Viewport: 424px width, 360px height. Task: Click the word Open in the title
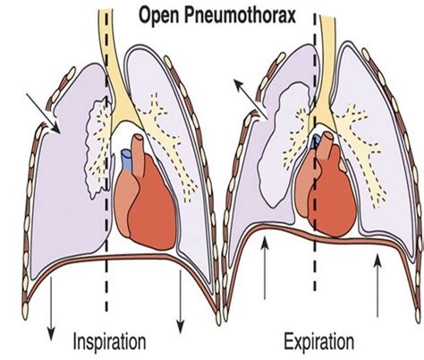(x=158, y=16)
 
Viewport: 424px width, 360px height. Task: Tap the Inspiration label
(x=110, y=341)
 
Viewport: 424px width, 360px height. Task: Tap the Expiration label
(x=318, y=341)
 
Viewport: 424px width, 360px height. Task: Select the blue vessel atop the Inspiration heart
(x=125, y=160)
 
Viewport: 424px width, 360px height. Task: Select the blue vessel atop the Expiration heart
(x=316, y=141)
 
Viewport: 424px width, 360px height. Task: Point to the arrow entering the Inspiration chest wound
(x=43, y=113)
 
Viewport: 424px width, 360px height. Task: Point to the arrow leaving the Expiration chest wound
(x=250, y=99)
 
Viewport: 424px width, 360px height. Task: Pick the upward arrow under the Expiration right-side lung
(x=377, y=285)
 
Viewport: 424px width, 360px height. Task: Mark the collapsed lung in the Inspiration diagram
(x=98, y=150)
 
